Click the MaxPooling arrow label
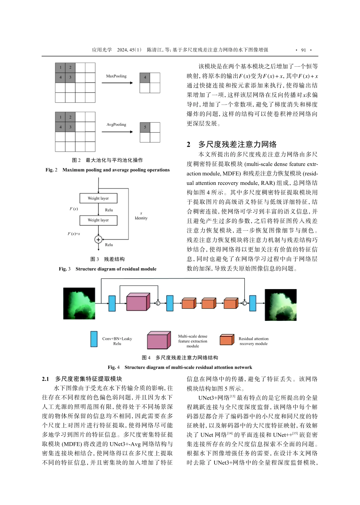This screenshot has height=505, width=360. coord(116,76)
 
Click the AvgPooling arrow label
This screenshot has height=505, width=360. coord(116,125)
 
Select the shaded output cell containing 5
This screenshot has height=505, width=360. coord(145,127)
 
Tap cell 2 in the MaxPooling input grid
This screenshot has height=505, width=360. coord(70,68)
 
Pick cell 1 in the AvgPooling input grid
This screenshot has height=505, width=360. coord(60,117)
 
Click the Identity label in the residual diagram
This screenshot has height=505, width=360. coord(141,218)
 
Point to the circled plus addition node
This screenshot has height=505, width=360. coord(98,239)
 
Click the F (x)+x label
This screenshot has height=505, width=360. coord(74,234)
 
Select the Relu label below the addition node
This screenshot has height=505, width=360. coord(109,245)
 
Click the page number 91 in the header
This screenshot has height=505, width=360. coord(303,50)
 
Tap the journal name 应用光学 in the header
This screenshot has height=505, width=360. coord(102,50)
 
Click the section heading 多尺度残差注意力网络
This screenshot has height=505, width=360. coord(237,144)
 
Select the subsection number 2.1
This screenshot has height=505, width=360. coord(45,379)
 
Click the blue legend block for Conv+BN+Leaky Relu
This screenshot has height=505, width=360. coord(94,339)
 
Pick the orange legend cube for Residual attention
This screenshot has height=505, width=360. coord(227,340)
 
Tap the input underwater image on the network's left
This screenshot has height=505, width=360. coord(79,303)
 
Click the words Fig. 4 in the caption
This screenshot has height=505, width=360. coord(113,367)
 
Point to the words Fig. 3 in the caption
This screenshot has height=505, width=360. coord(64,269)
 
